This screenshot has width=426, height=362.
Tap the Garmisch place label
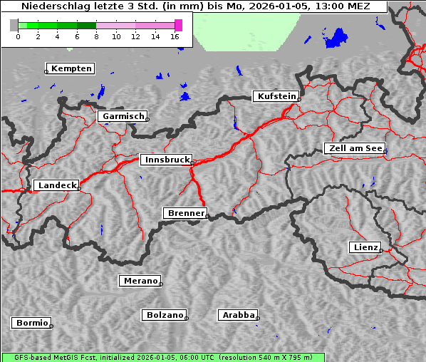pyautogui.click(x=123, y=116)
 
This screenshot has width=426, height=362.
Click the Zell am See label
pyautogui.click(x=355, y=148)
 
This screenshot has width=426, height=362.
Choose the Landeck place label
pyautogui.click(x=57, y=185)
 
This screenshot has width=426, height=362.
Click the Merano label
pyautogui.click(x=140, y=281)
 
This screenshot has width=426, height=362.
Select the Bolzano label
pyautogui.click(x=165, y=315)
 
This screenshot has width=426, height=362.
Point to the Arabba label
pyautogui.click(x=238, y=315)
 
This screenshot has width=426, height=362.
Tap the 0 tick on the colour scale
pyautogui.click(x=18, y=36)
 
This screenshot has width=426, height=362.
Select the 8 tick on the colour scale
pyautogui.click(x=96, y=36)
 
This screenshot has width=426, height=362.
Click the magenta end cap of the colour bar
pyautogui.click(x=178, y=25)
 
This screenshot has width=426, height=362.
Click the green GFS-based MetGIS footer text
pyautogui.click(x=162, y=357)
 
